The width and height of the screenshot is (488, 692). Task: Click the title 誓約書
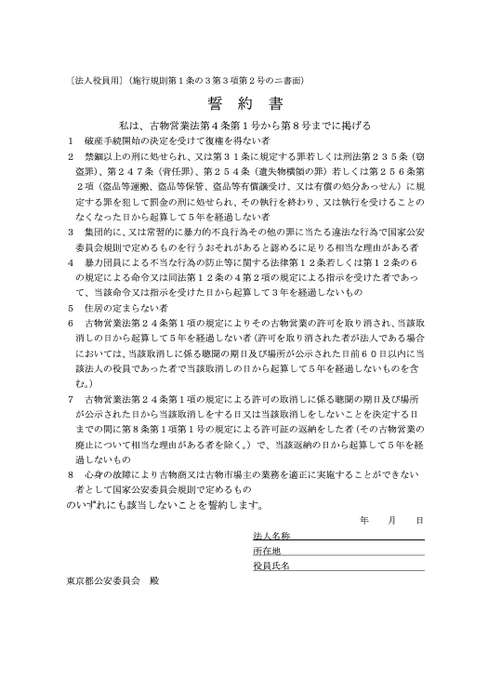pos(244,102)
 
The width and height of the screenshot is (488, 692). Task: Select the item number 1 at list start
pos(71,140)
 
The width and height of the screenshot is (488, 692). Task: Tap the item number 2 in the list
pos(71,156)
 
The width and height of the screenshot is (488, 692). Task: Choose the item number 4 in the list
pos(71,262)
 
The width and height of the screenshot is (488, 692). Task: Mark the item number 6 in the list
pos(71,322)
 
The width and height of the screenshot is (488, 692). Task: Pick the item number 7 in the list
pos(71,397)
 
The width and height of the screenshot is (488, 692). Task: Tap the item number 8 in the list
pos(71,473)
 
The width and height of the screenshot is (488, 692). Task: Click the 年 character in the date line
pos(363,521)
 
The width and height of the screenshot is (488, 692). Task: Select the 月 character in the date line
pos(391,521)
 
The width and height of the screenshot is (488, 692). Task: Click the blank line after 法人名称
pos(358,539)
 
